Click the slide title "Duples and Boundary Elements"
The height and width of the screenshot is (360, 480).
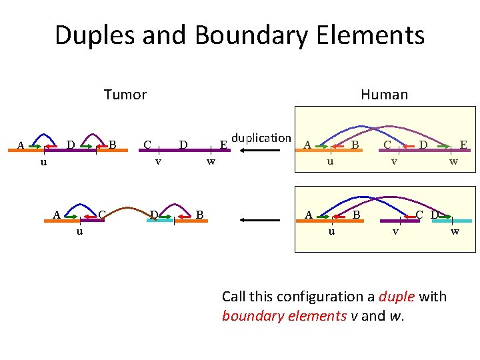tap(239, 35)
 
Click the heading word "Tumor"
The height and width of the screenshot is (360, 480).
tap(125, 95)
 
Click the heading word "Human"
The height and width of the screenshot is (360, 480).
tap(384, 95)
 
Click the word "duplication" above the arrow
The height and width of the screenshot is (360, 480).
tap(261, 138)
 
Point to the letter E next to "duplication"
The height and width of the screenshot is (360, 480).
tap(224, 144)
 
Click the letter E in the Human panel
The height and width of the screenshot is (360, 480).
tap(462, 143)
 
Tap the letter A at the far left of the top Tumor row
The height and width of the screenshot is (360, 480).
tap(21, 145)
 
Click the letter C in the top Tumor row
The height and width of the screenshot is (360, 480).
tap(147, 143)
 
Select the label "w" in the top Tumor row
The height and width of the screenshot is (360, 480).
tap(211, 161)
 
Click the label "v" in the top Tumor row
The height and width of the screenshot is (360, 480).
tap(158, 161)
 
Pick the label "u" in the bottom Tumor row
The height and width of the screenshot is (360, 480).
tap(79, 231)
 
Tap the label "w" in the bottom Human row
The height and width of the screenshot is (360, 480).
tap(455, 231)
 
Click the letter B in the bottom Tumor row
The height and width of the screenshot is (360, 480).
tap(200, 214)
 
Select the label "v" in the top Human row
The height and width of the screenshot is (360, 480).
tap(395, 161)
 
